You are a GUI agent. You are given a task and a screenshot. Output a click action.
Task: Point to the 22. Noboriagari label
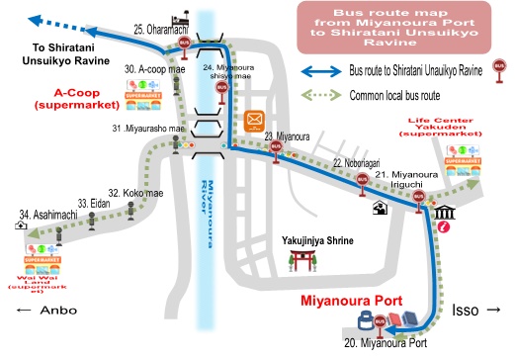[354, 161]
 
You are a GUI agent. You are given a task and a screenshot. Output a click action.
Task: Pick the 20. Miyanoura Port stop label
[386, 342]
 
